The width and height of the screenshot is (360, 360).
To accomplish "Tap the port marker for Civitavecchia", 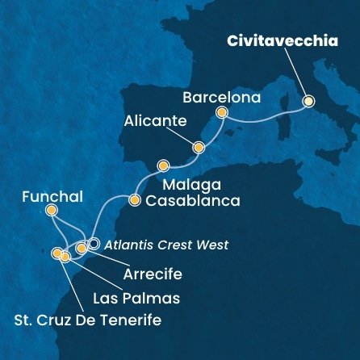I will [x=308, y=102].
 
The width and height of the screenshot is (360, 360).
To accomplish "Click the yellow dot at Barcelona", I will [x=222, y=113].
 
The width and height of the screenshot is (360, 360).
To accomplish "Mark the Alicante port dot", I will [x=199, y=147].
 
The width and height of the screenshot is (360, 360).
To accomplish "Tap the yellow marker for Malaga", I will [x=164, y=166].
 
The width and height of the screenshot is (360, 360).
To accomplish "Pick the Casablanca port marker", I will [x=134, y=199].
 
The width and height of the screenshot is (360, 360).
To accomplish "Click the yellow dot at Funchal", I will [x=52, y=211].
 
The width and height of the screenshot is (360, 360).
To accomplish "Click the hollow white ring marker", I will [x=94, y=243].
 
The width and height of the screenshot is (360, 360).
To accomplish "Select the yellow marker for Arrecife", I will [x=81, y=248].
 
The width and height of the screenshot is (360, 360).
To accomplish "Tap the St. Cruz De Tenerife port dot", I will [x=57, y=253].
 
